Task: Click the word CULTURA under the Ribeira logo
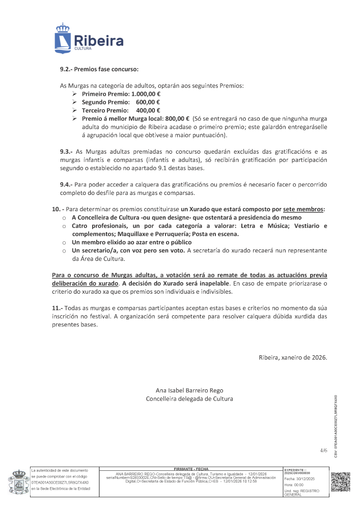pyautogui.click(x=82, y=48)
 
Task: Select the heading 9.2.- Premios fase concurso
pyautogui.click(x=99, y=68)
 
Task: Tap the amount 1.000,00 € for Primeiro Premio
pyautogui.click(x=146, y=94)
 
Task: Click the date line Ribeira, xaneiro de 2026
pyautogui.click(x=293, y=357)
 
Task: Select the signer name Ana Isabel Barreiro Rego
pyautogui.click(x=189, y=390)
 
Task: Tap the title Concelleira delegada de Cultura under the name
pyautogui.click(x=189, y=399)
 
